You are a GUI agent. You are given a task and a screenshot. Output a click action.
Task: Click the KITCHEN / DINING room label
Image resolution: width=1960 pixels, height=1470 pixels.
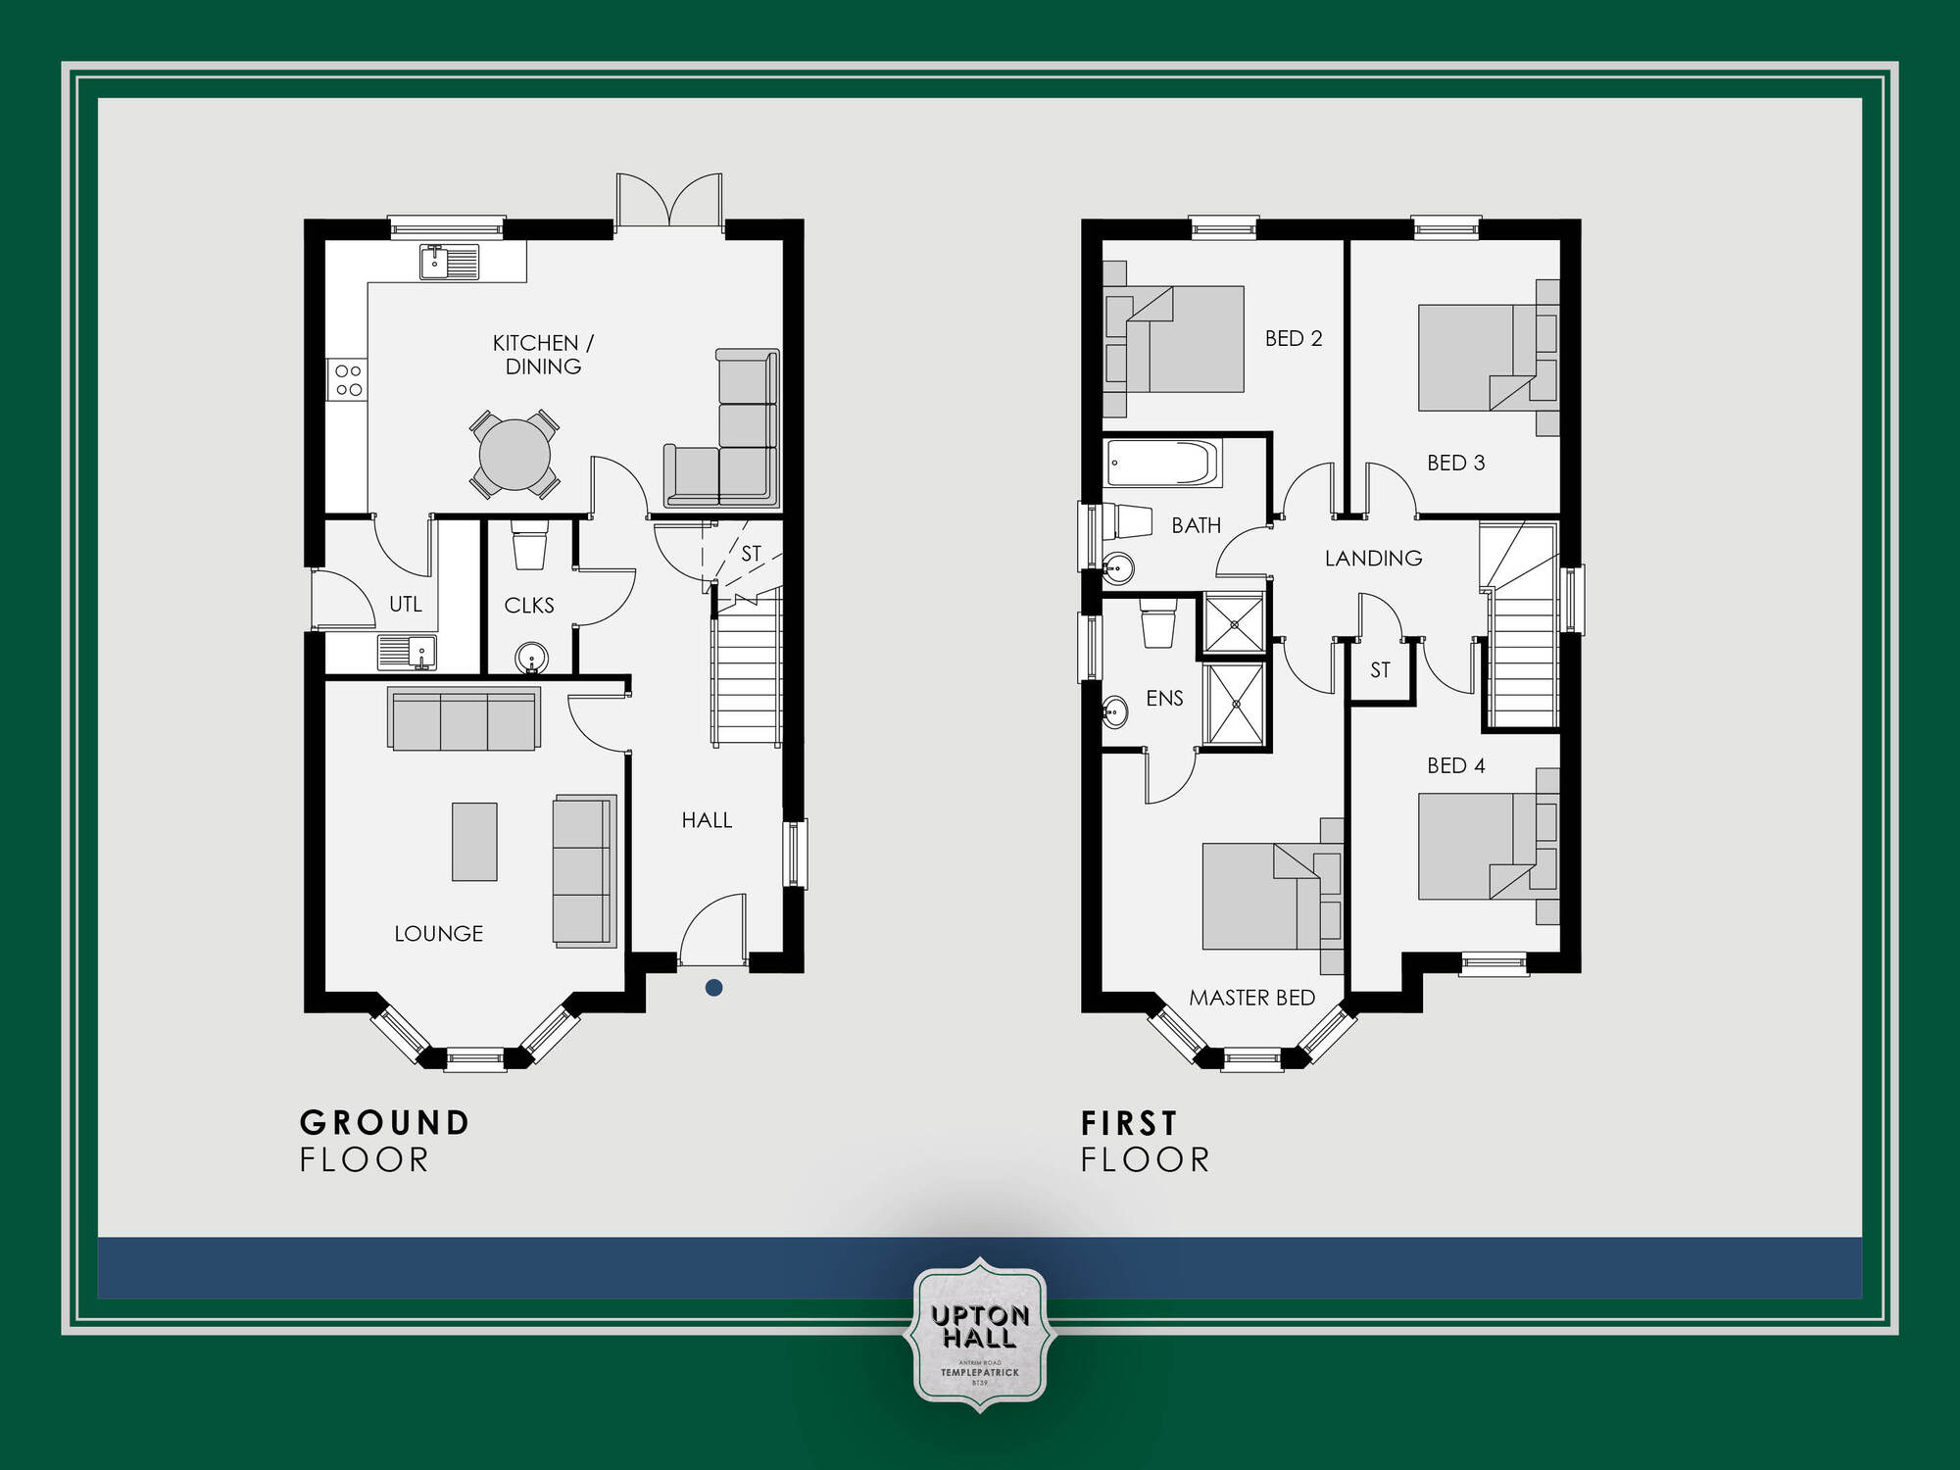tap(543, 354)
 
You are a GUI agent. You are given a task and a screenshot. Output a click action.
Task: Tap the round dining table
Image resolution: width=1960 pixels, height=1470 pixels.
tap(514, 455)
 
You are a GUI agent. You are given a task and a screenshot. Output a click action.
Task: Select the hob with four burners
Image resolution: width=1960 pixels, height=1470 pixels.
tap(348, 380)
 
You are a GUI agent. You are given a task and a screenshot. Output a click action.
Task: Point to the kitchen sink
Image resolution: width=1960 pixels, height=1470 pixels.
tap(449, 263)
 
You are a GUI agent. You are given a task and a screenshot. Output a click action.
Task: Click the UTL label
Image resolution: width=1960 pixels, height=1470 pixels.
tap(406, 605)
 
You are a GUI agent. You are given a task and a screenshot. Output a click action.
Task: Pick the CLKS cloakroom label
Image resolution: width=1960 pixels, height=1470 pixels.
tap(529, 606)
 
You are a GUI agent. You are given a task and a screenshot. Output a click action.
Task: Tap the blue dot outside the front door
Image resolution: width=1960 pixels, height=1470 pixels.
tap(714, 988)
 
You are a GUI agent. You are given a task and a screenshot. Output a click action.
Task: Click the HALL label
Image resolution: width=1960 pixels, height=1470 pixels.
tap(707, 820)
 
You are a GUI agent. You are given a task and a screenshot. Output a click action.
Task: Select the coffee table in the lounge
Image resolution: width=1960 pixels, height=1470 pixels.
tap(474, 842)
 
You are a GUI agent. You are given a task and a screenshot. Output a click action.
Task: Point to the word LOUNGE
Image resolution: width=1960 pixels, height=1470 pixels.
tap(438, 934)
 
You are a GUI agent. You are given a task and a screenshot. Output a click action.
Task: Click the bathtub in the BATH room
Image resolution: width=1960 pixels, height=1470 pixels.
tap(1163, 463)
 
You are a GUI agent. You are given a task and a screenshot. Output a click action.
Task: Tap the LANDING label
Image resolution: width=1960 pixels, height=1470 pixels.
tap(1373, 559)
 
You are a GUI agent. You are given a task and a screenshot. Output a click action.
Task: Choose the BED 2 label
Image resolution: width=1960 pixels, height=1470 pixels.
tap(1294, 339)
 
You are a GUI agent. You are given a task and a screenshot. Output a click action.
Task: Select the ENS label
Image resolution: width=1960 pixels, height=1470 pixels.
tap(1164, 699)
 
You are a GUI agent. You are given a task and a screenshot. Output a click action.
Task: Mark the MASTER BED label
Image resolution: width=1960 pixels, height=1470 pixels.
tap(1251, 998)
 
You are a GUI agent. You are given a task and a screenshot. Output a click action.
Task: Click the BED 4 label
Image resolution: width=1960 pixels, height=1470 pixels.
tap(1455, 766)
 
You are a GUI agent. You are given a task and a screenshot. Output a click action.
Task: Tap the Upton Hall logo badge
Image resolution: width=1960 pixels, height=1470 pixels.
tap(980, 1335)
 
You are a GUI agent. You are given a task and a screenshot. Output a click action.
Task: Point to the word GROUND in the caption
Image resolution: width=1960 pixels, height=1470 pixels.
tap(385, 1123)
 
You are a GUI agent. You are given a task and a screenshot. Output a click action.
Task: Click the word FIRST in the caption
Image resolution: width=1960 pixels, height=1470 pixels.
tap(1129, 1123)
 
